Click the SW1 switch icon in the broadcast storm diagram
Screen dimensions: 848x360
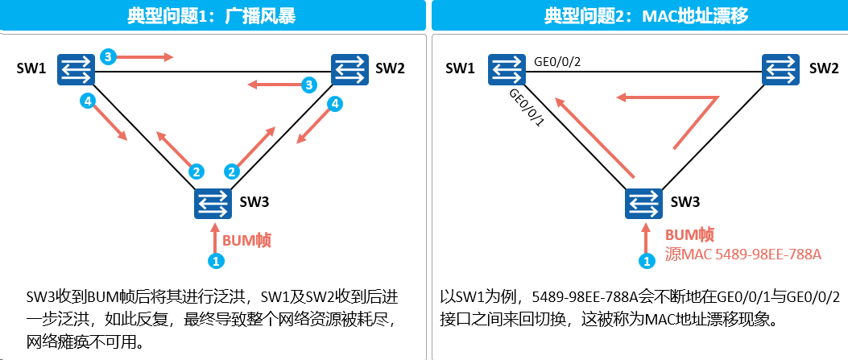coord(77,69)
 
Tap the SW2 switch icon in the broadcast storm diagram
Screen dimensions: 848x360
coord(350,70)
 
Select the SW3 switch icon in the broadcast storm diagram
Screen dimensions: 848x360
coord(213,203)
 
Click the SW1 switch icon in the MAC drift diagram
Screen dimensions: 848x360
coord(507,69)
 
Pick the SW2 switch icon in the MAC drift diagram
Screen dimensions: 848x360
coord(780,70)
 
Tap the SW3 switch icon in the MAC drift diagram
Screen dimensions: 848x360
coord(643,203)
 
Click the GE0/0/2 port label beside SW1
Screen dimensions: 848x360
coord(556,62)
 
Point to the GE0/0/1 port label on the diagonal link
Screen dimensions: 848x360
coord(525,108)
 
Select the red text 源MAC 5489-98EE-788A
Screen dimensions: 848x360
coord(743,254)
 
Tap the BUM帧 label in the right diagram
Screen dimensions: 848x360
coord(689,234)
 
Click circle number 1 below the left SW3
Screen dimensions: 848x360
coord(216,262)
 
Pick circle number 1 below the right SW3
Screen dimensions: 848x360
coord(646,262)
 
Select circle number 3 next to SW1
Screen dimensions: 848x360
coord(108,56)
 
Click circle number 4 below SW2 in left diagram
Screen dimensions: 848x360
coord(336,104)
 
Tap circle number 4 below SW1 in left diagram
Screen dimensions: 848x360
coord(86,100)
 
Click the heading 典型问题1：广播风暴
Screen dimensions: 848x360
coord(212,16)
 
